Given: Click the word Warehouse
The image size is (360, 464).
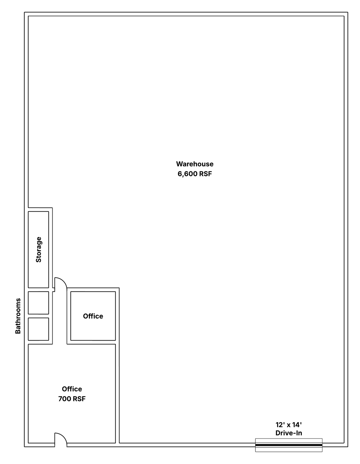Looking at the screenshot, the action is point(195,164).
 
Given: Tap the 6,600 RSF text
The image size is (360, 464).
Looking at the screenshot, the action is point(195,174).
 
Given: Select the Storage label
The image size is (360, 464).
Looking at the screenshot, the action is point(38,249).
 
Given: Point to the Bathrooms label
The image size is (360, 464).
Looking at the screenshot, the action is point(18,316).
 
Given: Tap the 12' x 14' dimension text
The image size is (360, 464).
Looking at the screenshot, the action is point(289,425).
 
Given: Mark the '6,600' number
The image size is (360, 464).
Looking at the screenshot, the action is point(187,174).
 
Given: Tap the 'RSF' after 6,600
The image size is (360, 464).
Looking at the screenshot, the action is point(205,174).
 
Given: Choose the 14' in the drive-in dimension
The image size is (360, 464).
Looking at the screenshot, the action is point(297,425).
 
